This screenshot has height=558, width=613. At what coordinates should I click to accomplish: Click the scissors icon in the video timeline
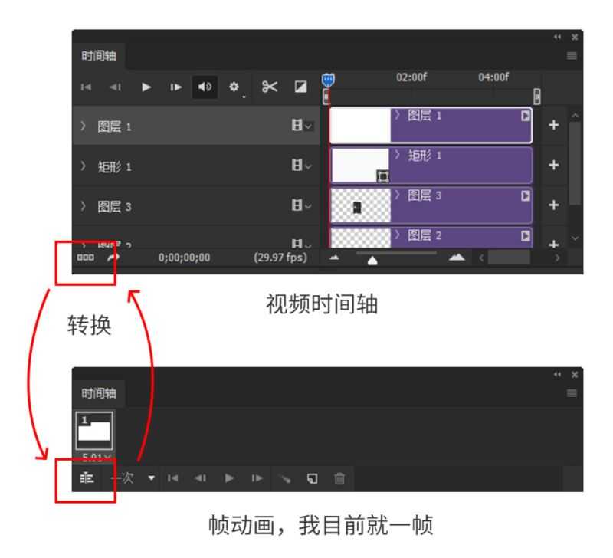point(270,86)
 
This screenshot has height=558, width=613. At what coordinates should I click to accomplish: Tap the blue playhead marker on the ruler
point(328,79)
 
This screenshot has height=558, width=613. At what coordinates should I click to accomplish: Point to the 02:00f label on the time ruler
point(411,77)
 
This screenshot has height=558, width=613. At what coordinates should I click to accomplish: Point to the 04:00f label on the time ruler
point(493,77)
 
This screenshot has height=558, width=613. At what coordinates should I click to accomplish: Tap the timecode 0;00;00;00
point(184,258)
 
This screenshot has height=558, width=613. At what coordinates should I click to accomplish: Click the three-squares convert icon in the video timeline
point(84,258)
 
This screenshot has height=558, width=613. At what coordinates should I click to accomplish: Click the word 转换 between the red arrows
point(90,326)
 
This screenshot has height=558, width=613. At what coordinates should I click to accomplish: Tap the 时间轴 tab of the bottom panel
point(100,392)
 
